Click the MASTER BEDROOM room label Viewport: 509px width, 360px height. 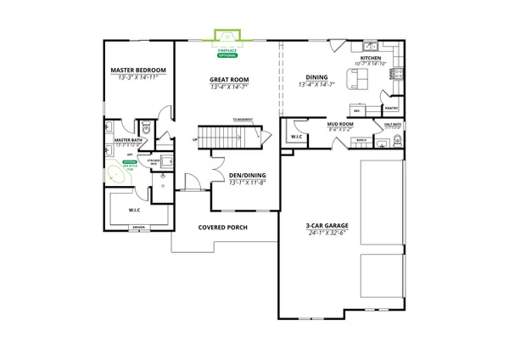(139, 70)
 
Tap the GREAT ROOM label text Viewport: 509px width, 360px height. (228, 79)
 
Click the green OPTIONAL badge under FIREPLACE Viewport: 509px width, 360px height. (227, 53)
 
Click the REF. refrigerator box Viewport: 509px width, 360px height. (357, 110)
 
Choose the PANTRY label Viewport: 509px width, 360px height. (391, 109)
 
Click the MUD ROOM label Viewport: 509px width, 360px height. (340, 125)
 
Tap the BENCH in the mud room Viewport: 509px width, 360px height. (361, 141)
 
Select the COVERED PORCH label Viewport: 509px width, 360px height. (222, 228)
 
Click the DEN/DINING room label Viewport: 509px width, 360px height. (246, 176)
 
